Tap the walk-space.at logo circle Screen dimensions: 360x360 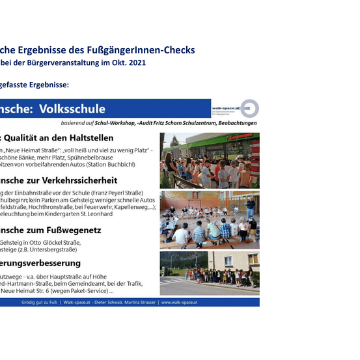click(x=250, y=109)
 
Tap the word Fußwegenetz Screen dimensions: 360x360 click(x=72, y=230)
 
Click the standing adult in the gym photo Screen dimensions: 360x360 click(x=250, y=207)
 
